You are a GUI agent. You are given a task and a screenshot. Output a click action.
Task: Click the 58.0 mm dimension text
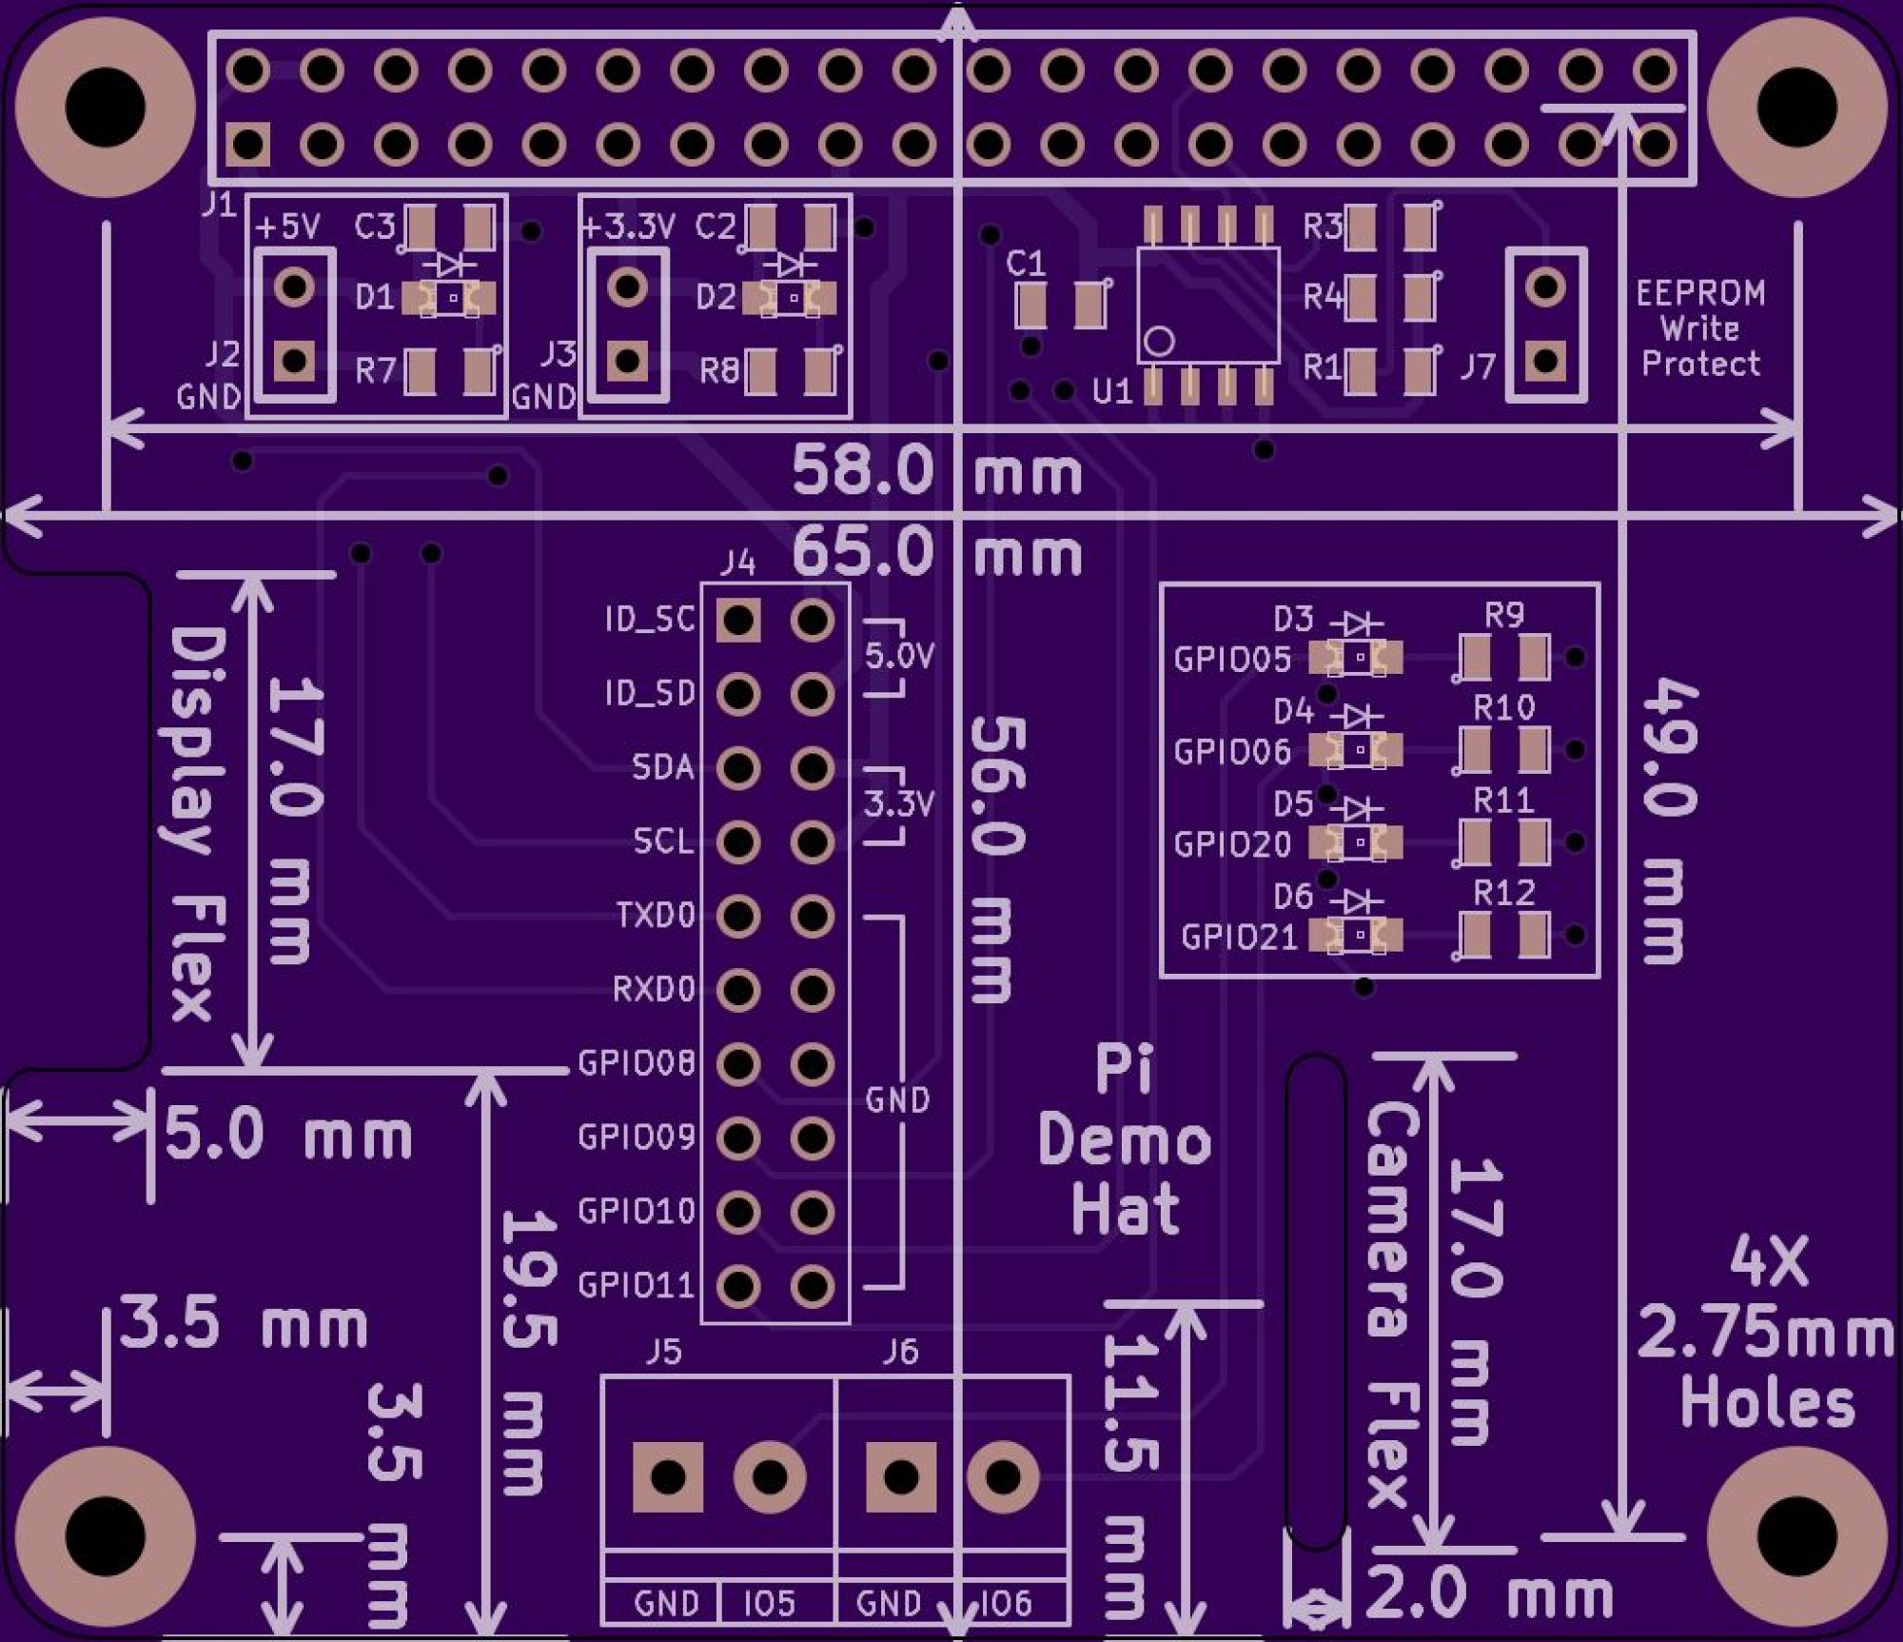coord(937,471)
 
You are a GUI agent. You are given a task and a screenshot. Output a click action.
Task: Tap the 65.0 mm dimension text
coord(937,553)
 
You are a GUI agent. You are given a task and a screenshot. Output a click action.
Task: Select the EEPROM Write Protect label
coord(1700,328)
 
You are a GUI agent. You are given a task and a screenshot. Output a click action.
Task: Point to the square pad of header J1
coord(248,146)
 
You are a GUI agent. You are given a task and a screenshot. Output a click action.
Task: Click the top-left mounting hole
coord(106,105)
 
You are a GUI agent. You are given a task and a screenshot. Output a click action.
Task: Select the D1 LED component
coord(450,299)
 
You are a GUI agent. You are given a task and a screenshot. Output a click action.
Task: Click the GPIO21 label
coord(1239,938)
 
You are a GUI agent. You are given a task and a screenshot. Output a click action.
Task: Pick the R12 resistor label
coord(1503,893)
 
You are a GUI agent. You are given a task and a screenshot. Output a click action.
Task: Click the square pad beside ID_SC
coord(738,621)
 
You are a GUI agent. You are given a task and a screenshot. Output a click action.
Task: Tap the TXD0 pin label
coord(656,916)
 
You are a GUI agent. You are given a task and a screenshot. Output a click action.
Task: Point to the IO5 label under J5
coord(769,1605)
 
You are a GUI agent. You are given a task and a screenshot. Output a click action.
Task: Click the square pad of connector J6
coord(900,1477)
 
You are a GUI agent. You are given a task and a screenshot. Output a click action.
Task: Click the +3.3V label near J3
coord(628,227)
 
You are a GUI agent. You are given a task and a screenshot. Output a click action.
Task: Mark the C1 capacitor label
coord(1026,264)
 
